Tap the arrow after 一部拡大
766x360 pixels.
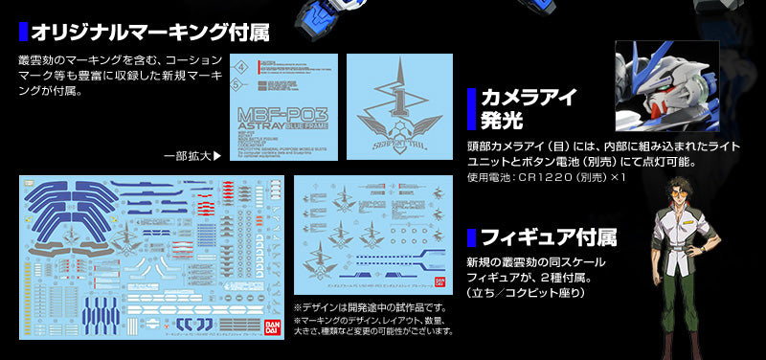tap(216, 155)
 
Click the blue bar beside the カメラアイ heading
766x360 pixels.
tap(471, 109)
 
